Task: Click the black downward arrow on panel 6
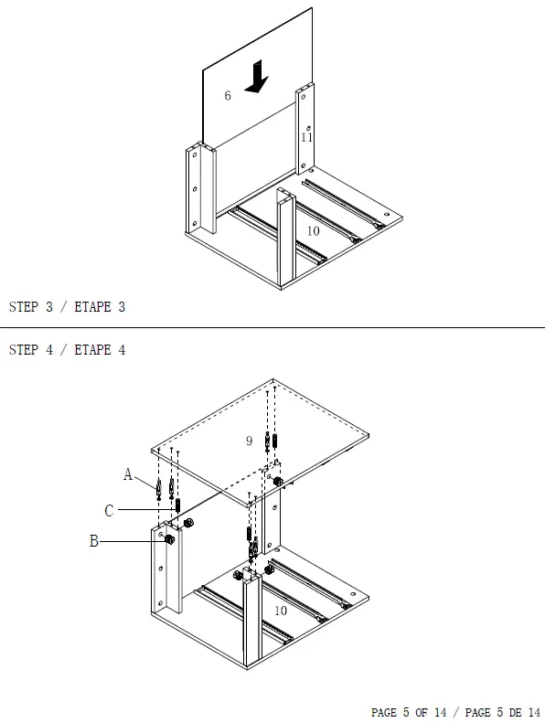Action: [x=256, y=76]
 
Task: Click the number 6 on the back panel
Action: [x=228, y=95]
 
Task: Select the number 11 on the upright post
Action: [x=307, y=137]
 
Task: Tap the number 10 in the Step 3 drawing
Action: [x=313, y=230]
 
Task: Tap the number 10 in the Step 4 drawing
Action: [x=281, y=611]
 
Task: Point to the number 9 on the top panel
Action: [x=250, y=441]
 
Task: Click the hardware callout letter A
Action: [x=128, y=474]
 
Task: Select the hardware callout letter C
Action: [x=109, y=510]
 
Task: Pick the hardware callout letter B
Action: [x=93, y=540]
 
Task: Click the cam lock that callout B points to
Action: [x=169, y=539]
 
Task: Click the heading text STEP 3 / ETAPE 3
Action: [x=67, y=306]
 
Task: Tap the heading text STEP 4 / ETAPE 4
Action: [x=67, y=349]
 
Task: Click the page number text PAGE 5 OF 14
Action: [x=409, y=712]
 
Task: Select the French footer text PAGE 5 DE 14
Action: [x=503, y=712]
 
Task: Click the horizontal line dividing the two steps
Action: [x=272, y=327]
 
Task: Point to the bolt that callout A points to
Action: [x=159, y=490]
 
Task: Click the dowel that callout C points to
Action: [x=178, y=505]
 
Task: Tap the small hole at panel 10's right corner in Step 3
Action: [x=386, y=215]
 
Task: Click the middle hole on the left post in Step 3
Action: [x=195, y=189]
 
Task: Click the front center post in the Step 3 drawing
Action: [x=286, y=239]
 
